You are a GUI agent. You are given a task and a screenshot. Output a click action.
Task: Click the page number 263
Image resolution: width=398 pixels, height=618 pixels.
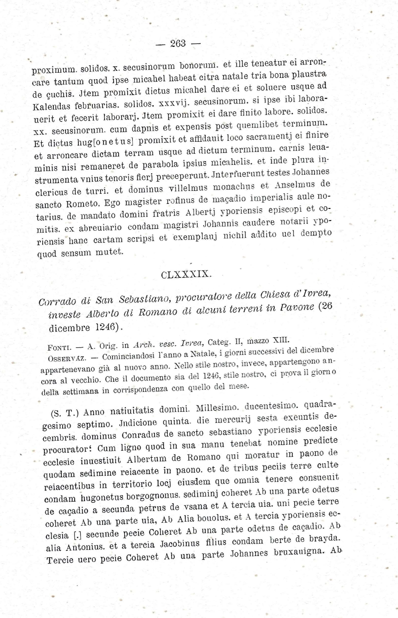click(x=178, y=44)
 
